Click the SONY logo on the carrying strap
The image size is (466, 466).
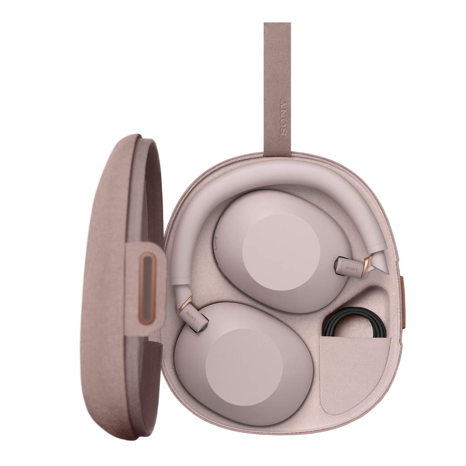point(283,118)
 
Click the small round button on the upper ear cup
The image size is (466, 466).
point(216,242)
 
